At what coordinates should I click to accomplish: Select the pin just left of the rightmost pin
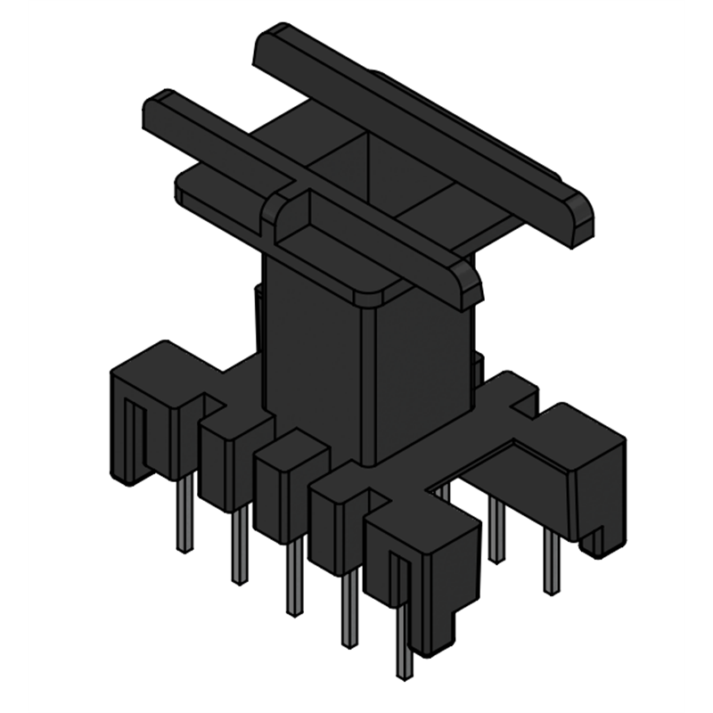point(496,530)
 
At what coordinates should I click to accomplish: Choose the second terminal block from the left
point(228,455)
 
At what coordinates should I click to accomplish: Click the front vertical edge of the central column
point(368,383)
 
